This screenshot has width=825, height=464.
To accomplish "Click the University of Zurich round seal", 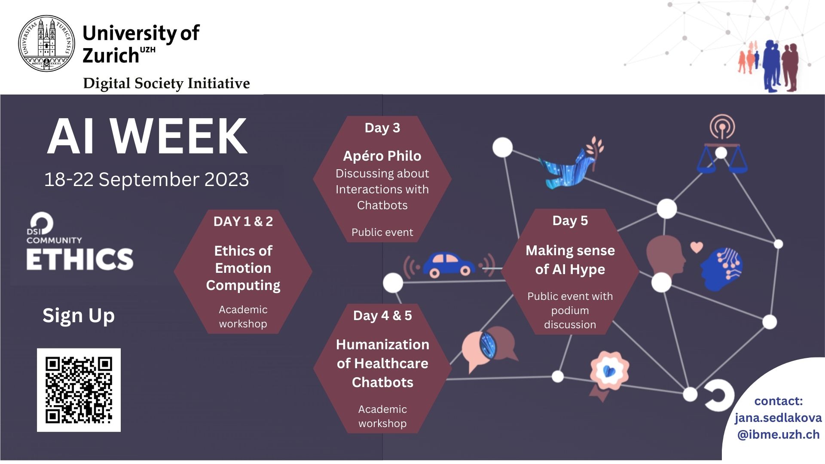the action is tap(46, 43).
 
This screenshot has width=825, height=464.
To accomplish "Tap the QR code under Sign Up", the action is tap(79, 390).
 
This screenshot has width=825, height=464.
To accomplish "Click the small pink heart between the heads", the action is tap(697, 247).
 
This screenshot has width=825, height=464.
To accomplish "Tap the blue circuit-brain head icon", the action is tap(721, 269).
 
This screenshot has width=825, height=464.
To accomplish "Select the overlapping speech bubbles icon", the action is tap(489, 348).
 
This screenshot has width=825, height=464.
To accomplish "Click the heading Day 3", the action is tap(382, 128).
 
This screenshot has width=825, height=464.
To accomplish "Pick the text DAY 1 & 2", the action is tap(243, 221).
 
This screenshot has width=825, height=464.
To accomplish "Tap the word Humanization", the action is tap(382, 345).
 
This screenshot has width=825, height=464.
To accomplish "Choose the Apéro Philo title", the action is tap(382, 156).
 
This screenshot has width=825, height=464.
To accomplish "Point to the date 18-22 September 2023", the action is tap(147, 179).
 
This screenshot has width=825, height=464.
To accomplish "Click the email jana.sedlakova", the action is tap(778, 418).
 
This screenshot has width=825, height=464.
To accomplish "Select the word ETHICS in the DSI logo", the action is tap(80, 259).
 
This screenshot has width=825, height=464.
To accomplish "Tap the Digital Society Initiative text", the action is tap(166, 83).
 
